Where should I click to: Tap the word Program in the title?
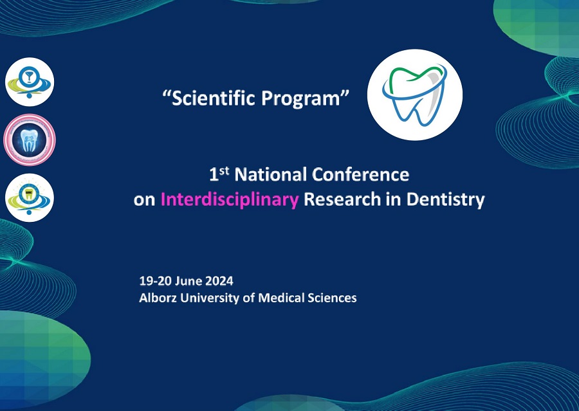301,99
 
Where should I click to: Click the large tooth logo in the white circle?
414,95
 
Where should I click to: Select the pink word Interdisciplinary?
229,200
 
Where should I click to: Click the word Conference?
360,175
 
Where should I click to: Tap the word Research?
342,199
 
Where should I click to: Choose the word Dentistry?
445,200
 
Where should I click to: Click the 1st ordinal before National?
219,174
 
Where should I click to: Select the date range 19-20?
155,281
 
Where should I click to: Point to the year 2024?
219,281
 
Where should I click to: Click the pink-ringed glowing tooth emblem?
30,140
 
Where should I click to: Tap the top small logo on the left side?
30,82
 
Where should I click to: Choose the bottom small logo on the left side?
30,197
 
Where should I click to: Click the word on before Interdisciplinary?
144,201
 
